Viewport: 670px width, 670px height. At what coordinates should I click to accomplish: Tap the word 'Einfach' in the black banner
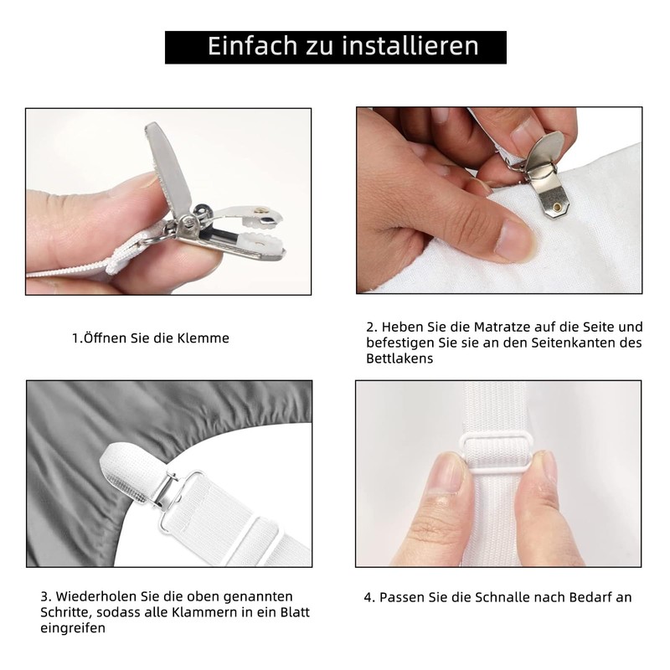253,46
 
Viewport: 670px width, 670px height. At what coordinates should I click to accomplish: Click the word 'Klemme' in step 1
203,338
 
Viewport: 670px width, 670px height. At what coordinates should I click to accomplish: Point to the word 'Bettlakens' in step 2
399,358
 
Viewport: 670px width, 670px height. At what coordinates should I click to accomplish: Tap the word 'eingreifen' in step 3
73,629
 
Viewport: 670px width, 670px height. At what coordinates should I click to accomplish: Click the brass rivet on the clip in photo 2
557,208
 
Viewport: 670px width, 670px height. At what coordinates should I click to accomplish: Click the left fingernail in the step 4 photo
447,473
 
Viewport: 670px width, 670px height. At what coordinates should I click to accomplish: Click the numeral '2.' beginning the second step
372,327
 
